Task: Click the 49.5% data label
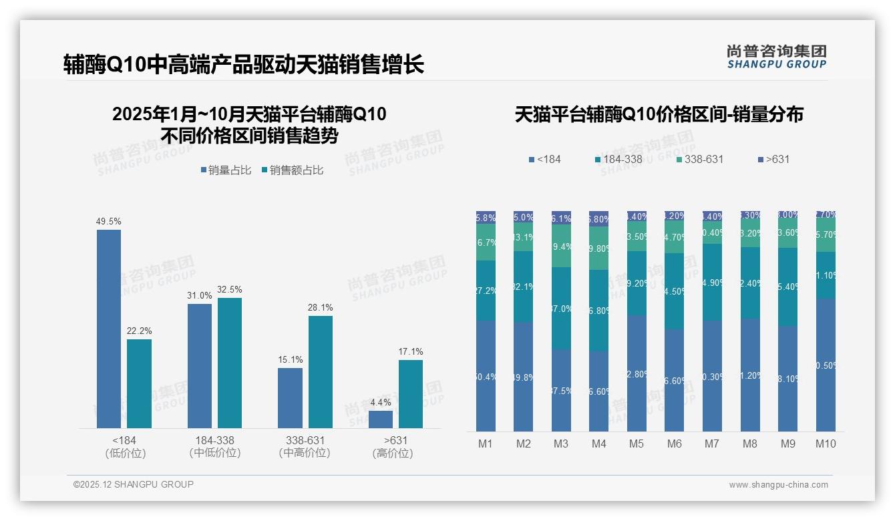tap(109, 221)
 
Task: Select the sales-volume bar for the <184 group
tap(109, 329)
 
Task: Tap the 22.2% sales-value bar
tap(139, 383)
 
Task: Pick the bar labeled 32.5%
tap(230, 363)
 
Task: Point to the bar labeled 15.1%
tap(290, 397)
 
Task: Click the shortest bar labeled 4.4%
tap(381, 419)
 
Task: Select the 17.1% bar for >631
tap(411, 394)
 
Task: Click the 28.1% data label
tap(321, 307)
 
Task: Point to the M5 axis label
tap(637, 444)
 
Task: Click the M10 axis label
tap(826, 444)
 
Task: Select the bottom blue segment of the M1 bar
tap(486, 375)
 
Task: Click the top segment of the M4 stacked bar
tap(599, 218)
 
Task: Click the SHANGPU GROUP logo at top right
tap(776, 57)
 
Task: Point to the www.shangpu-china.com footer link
tap(778, 485)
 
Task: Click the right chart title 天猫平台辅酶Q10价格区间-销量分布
tap(659, 114)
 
